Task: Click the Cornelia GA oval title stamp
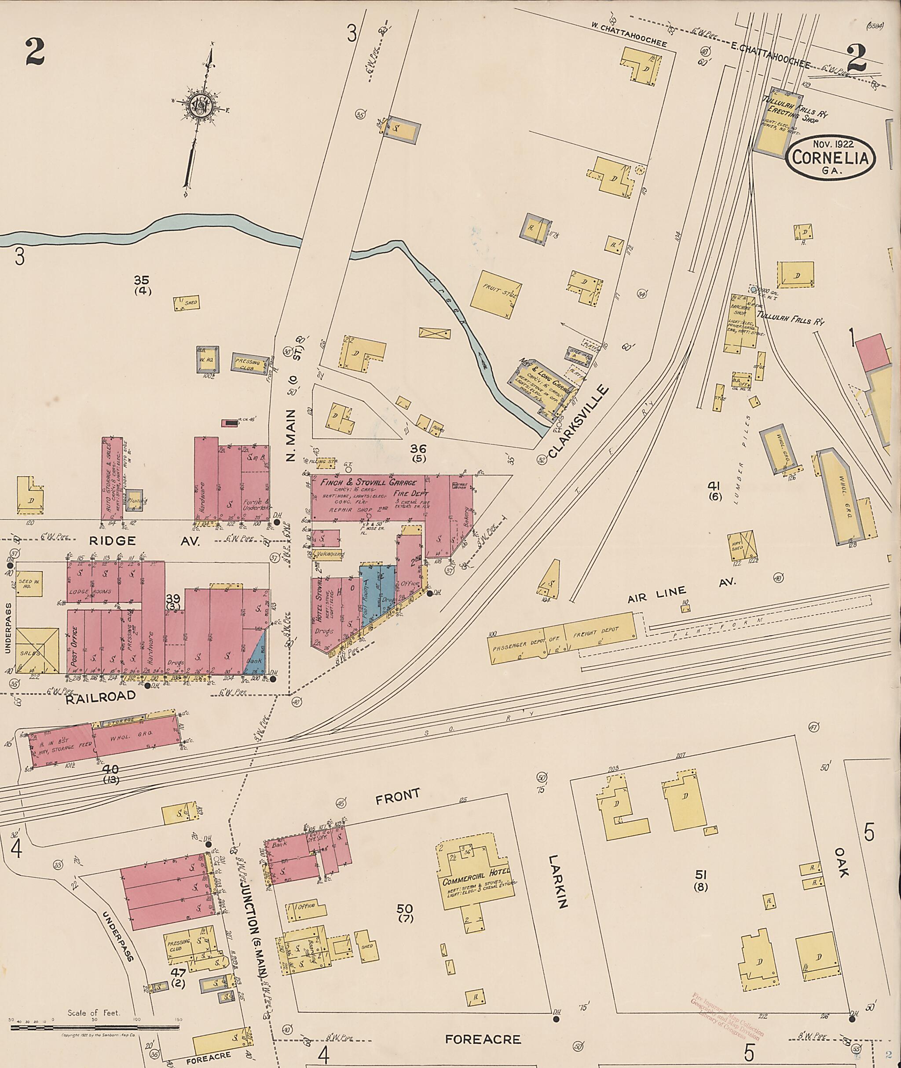831,158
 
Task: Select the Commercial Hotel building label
476,882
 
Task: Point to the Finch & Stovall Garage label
368,482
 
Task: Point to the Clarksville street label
579,421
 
